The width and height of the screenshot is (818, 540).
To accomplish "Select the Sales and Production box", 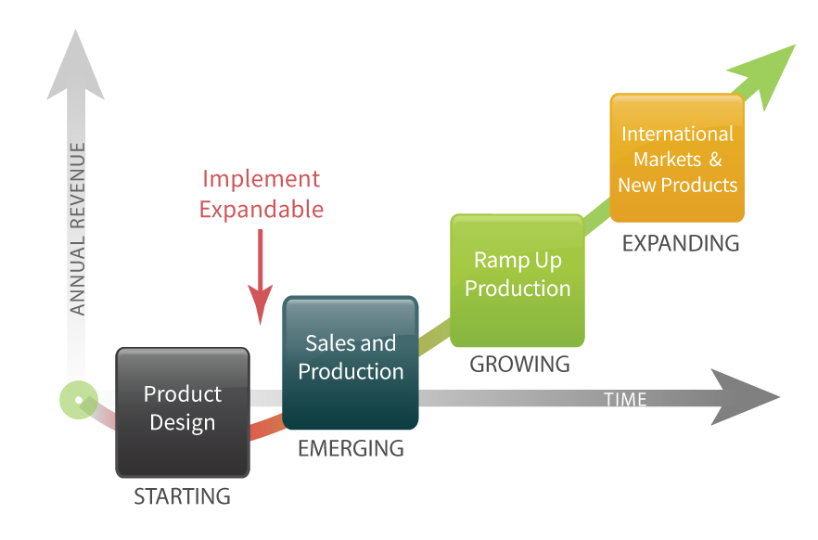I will point(351,362).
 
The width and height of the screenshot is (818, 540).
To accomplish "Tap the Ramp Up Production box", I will point(518,278).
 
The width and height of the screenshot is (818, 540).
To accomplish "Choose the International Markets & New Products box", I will point(677,158).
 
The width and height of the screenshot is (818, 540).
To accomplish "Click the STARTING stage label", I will point(182,496).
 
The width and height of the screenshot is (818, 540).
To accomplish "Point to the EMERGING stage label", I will point(351,449).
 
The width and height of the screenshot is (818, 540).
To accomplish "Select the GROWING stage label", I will point(519,365).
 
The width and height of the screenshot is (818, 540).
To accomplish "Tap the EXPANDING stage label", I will point(681,244).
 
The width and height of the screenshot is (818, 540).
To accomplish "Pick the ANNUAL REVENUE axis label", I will point(78,228).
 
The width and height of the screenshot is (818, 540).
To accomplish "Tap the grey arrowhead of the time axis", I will point(746,398).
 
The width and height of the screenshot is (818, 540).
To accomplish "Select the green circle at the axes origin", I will point(79,400).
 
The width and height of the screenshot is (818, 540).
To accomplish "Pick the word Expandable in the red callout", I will point(262,210).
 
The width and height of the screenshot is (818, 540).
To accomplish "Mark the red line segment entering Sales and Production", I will point(266,430).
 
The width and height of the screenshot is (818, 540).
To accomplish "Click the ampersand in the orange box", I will point(715,160).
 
